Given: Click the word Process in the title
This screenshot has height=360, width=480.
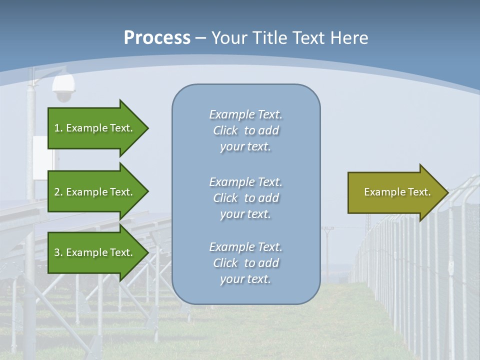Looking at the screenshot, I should point(157,37).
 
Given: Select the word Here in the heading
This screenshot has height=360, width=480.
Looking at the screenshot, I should point(349,37).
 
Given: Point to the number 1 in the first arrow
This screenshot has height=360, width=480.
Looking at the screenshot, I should point(57,128).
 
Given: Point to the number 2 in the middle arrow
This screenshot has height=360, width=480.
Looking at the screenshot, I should point(57,192).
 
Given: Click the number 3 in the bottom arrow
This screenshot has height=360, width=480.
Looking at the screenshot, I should point(57,252).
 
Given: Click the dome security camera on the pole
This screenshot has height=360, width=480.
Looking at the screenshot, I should point(63,88).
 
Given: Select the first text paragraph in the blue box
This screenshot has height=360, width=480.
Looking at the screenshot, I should point(245,130).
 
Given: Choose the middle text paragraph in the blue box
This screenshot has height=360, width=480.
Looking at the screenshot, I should point(245,198).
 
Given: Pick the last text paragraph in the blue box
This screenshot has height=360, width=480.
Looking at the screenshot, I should point(245,263).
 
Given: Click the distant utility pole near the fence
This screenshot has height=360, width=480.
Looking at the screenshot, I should point(327,250).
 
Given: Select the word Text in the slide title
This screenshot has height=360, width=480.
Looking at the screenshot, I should point(308,37).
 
